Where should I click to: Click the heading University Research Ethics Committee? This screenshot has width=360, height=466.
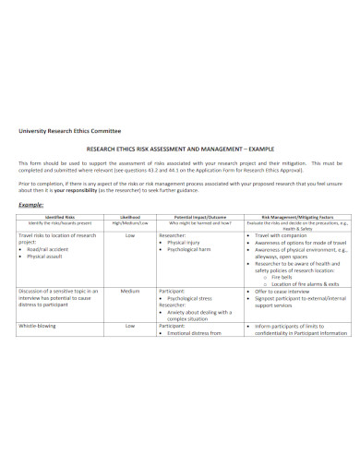click(x=70, y=132)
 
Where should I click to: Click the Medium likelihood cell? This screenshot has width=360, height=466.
click(x=130, y=317)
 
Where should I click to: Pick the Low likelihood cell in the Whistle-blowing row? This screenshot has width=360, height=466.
click(x=130, y=352)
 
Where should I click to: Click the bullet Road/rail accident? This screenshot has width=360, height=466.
click(x=51, y=249)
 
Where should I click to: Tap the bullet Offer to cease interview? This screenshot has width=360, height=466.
click(x=287, y=317)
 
